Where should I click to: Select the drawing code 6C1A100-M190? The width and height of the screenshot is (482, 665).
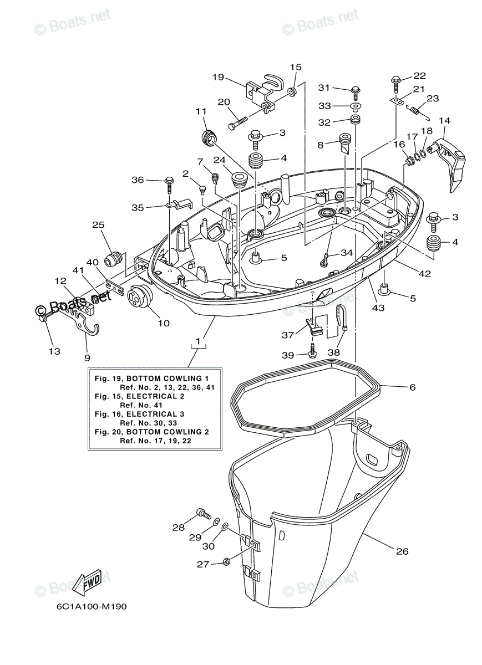91,606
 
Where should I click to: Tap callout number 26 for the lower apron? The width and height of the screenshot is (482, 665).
403,551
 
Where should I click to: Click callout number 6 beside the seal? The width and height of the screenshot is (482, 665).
412,387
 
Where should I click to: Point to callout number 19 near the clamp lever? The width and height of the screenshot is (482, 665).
218,77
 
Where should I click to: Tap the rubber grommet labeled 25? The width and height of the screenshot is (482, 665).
113,259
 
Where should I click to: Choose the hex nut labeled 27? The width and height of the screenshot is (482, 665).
226,562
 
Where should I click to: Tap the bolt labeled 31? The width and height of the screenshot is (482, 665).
356,89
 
